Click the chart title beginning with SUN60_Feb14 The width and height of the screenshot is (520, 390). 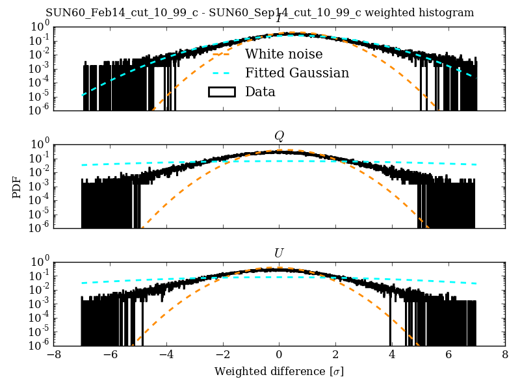260,13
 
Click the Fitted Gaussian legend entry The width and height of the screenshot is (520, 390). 297,73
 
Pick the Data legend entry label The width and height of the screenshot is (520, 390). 260,92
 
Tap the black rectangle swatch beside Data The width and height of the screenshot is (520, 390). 221,92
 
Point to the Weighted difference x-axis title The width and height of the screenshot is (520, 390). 279,372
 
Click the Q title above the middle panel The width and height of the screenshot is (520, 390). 279,136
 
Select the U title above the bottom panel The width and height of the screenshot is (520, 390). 279,253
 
